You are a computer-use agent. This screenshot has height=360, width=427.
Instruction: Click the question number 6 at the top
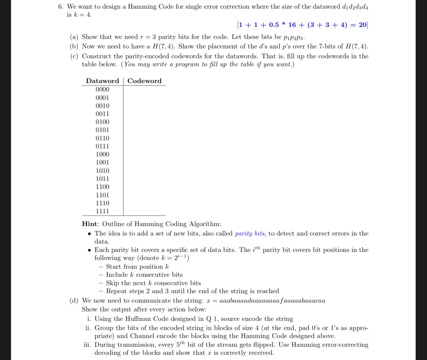[x=60, y=7]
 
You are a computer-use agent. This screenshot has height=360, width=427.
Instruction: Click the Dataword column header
[x=102, y=81]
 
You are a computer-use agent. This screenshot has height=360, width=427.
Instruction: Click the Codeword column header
[x=145, y=81]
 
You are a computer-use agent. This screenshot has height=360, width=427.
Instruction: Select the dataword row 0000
[x=102, y=89]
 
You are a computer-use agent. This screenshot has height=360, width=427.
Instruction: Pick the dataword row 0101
[x=102, y=130]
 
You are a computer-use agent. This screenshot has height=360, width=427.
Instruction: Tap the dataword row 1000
[x=102, y=154]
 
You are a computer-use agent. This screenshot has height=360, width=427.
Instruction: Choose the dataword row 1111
[x=102, y=211]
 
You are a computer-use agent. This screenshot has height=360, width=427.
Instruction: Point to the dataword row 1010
[x=102, y=171]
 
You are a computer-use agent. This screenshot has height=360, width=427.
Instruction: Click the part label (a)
[x=74, y=37]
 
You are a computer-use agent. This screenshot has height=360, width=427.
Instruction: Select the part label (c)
[x=74, y=56]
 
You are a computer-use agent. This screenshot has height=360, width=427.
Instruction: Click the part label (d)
[x=74, y=301]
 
